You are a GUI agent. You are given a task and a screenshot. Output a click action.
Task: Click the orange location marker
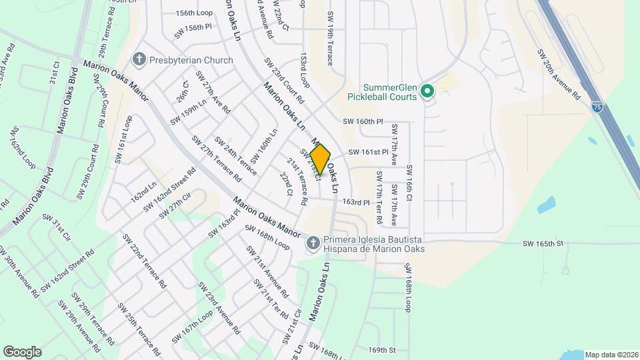[x=320, y=159]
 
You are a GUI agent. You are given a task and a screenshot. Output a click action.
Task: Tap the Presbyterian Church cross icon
[x=139, y=60]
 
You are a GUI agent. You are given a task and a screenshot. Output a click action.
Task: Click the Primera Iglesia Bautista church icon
[x=312, y=244]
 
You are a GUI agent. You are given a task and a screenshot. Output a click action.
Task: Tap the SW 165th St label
[x=543, y=244]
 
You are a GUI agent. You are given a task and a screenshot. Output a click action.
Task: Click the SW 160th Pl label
[x=363, y=122]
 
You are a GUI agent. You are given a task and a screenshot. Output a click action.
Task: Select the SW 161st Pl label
[x=368, y=152]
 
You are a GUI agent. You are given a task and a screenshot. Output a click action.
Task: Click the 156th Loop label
[x=194, y=13]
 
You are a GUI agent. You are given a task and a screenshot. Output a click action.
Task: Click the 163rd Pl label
[x=355, y=201]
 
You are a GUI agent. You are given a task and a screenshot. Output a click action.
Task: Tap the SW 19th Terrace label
[x=329, y=37]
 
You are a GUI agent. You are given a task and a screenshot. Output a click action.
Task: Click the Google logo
[x=22, y=351]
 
